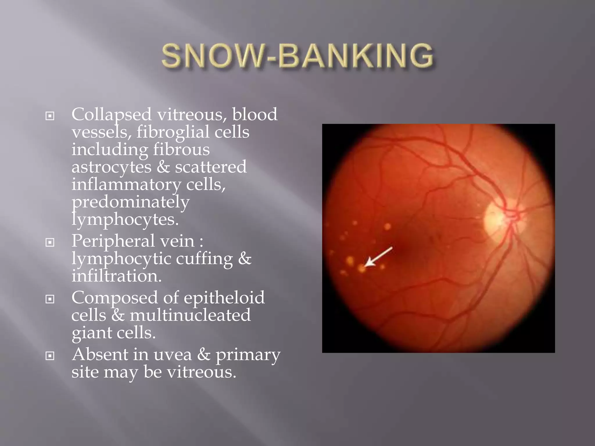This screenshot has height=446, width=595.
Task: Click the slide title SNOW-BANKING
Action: coord(298,56)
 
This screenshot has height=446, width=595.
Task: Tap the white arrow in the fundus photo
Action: coord(379,256)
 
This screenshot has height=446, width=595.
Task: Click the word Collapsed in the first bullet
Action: coord(112,115)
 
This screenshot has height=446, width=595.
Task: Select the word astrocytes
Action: coord(112,167)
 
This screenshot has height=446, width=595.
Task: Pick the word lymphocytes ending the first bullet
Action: coord(125,220)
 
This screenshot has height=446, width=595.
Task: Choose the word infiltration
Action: coord(116,276)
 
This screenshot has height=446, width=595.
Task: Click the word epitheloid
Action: coord(224,298)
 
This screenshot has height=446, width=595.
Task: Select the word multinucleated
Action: coord(190,315)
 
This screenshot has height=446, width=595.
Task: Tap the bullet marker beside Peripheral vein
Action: coord(50,242)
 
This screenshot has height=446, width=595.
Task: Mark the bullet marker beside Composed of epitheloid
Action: coord(50,299)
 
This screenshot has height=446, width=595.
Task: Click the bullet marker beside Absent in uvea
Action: coord(50,355)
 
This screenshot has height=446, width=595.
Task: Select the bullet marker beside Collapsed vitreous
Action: coord(50,116)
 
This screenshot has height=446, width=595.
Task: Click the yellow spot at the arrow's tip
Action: coord(361,269)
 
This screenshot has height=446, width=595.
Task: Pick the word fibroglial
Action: coord(173,132)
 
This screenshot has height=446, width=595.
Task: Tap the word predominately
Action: coord(130,202)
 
